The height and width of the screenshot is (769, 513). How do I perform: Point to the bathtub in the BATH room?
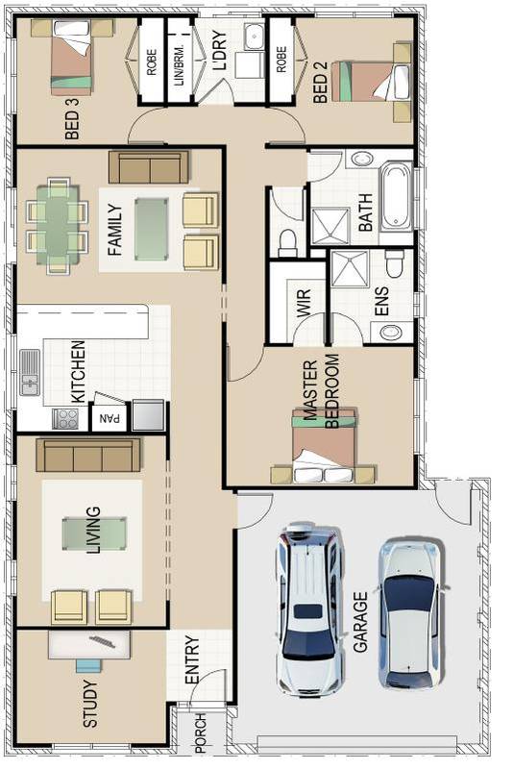[x=396, y=199]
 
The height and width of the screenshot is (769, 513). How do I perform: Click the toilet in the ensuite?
[x=394, y=261]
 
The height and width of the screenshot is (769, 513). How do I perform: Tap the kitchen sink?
[x=30, y=373]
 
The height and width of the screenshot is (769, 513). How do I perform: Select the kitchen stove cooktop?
[x=65, y=418]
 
